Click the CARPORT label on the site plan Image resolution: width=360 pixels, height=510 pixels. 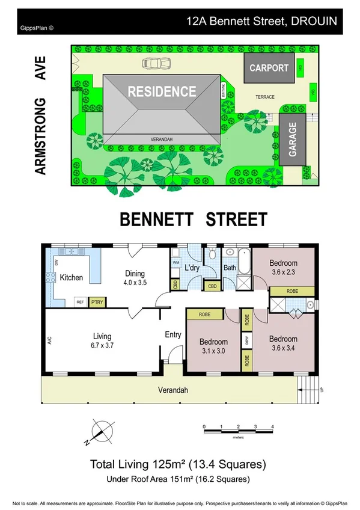[269, 68]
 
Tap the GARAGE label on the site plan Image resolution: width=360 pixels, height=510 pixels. [293, 141]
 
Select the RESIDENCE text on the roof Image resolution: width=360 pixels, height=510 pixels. [162, 92]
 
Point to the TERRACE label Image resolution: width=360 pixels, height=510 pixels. [265, 97]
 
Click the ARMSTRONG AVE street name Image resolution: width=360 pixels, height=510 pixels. [40, 114]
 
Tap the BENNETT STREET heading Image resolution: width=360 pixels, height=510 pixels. [194, 219]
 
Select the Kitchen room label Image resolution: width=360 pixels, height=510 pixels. [72, 278]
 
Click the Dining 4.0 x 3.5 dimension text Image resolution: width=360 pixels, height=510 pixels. [135, 282]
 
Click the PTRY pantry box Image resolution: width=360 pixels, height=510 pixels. [96, 303]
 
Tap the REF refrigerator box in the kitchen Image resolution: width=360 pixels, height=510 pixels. [79, 303]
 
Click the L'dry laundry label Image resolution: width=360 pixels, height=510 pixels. [192, 267]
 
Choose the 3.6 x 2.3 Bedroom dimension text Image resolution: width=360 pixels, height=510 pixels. [283, 272]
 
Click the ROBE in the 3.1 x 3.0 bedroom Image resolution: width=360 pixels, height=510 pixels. [204, 315]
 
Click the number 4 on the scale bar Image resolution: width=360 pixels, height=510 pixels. [273, 426]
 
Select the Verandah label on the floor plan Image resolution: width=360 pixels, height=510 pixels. [174, 390]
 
